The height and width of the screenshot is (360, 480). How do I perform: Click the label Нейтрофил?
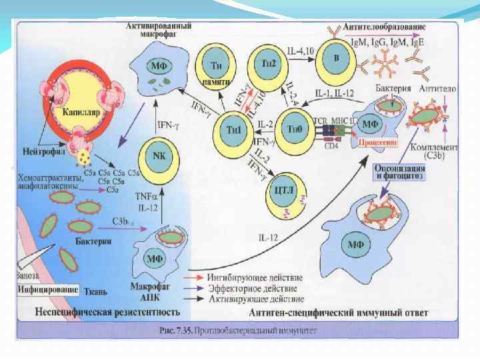point(41,151)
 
